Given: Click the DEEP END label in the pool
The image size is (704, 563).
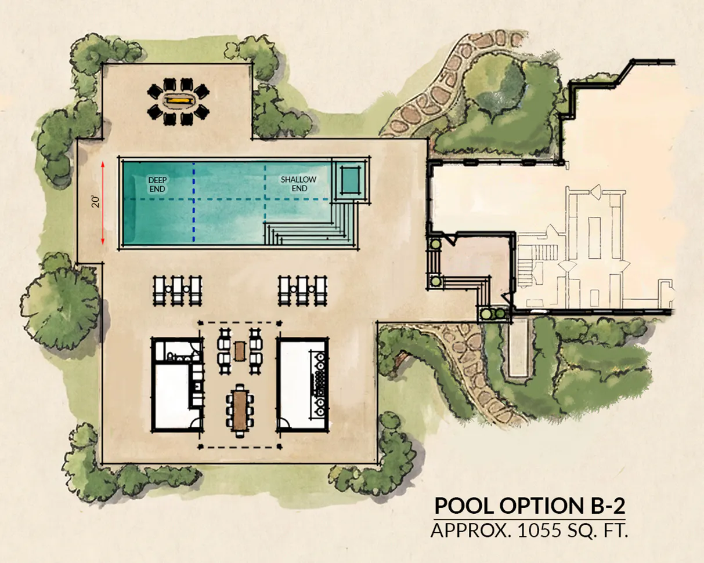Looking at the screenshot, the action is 157,184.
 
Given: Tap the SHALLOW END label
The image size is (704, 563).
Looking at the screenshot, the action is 299,184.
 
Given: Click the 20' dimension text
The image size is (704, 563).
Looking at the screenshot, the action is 96,201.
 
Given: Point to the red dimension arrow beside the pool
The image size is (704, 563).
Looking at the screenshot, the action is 103,203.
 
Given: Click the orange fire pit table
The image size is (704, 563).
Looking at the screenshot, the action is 178,100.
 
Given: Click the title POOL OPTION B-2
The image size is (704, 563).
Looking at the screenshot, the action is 530,506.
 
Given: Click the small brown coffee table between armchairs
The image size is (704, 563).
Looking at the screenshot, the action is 240,351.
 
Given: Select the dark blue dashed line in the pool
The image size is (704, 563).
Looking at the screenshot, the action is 194,203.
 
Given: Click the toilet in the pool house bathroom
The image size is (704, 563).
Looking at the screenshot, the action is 171,356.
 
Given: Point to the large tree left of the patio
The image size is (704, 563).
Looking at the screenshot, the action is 60,303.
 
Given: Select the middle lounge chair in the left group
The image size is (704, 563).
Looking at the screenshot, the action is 177,290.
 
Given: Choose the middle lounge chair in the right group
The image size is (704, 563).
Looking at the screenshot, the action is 302,290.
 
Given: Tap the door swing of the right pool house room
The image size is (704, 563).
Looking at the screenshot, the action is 283,423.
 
